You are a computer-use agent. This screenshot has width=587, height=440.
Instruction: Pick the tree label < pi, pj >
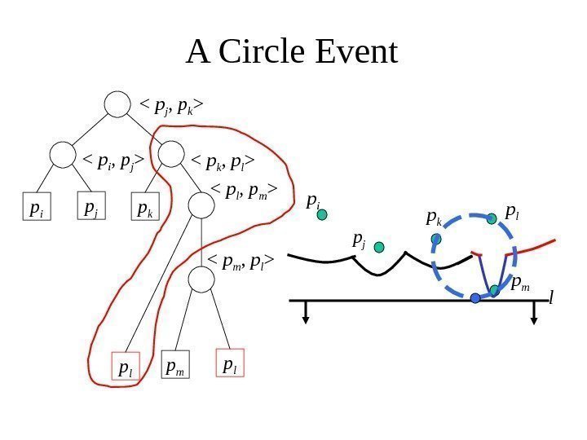click(x=113, y=161)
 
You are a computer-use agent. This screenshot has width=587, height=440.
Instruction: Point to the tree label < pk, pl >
click(x=223, y=161)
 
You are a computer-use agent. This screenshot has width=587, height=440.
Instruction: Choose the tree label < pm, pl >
click(x=241, y=262)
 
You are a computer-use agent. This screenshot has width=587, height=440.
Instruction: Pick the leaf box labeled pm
click(x=175, y=367)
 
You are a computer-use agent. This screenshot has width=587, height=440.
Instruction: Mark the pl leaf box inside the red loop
click(x=125, y=367)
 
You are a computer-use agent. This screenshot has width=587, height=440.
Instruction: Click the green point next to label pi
click(x=322, y=215)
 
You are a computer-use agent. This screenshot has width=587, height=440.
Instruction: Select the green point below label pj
click(x=379, y=246)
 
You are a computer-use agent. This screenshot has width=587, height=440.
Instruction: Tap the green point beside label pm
click(x=494, y=289)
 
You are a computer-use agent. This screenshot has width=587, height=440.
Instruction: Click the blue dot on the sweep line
click(x=476, y=299)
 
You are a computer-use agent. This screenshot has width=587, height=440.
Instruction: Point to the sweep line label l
click(x=551, y=300)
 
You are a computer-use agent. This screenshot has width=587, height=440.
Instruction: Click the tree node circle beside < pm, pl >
click(x=201, y=279)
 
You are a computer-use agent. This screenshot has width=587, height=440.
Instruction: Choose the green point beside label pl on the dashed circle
click(x=492, y=218)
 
